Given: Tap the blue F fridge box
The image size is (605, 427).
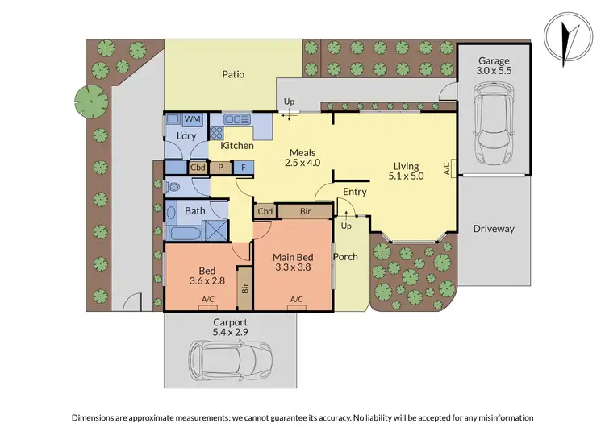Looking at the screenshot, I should (244, 168).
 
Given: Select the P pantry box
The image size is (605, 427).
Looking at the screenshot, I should (221, 168).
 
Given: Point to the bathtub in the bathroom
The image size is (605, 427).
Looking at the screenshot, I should (185, 234).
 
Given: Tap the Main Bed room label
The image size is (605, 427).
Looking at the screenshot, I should (292, 263).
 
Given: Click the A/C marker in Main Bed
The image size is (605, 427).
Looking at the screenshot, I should (295, 300).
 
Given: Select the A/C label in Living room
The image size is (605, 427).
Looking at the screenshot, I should (446, 169).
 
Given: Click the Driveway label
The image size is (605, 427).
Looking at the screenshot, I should (494, 229).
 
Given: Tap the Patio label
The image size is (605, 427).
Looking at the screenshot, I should (233, 75).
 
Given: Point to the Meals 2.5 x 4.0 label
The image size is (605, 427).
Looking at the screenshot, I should (303, 157).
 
